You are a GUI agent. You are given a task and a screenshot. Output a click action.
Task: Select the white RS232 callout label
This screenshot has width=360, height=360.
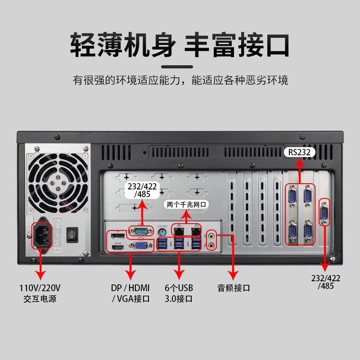300,153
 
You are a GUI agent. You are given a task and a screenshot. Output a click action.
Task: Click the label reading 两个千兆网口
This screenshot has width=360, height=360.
186,204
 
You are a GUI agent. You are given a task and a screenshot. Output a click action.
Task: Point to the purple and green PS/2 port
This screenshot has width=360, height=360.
162,232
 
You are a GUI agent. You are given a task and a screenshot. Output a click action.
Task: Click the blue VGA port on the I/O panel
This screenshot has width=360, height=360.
140,246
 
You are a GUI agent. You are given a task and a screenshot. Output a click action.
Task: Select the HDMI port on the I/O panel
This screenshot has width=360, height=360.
118,247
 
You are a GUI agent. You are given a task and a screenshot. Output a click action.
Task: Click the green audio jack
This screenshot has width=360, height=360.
211,236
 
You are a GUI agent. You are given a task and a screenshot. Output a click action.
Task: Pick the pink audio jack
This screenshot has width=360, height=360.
211,245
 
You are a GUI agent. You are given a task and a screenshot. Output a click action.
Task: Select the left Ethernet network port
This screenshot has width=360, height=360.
179,231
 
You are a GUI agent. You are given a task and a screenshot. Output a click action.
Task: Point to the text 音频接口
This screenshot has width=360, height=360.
234,288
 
